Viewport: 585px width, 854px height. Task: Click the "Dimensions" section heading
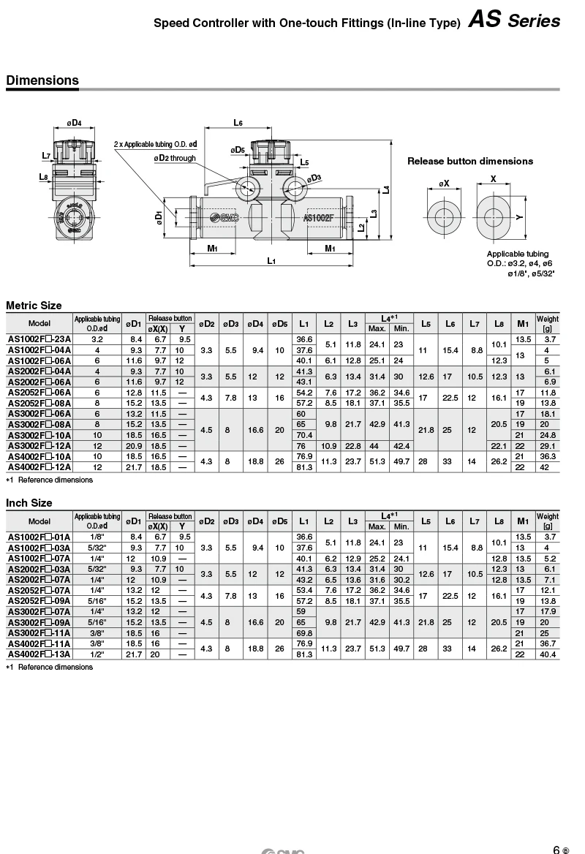42,80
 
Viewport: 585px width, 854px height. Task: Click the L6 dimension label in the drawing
238,123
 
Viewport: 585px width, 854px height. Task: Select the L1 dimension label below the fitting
271,261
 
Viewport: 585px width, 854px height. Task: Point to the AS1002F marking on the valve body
318,217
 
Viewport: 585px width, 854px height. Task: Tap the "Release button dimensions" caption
469,161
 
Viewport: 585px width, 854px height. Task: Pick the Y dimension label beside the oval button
518,216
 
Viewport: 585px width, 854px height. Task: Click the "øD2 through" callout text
175,158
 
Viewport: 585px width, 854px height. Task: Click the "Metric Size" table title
34,306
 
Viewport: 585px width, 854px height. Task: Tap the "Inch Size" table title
29,503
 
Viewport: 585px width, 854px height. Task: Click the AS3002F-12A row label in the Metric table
39,446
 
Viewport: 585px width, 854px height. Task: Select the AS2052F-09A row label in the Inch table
39,600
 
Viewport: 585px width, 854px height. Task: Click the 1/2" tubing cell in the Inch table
97,654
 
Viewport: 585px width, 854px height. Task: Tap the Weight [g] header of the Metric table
548,323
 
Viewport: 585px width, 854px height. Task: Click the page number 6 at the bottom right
556,848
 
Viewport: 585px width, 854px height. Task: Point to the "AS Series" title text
515,21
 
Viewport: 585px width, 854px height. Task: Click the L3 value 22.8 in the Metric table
353,446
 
